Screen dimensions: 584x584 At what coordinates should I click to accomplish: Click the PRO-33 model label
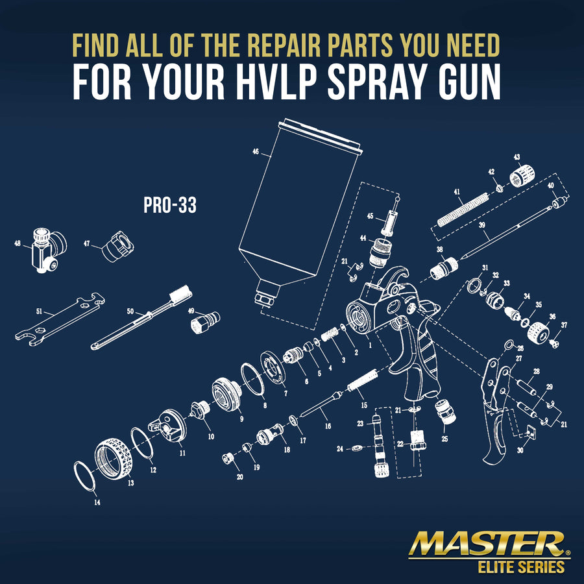click(170, 205)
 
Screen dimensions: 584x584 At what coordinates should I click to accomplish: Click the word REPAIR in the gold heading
click(284, 45)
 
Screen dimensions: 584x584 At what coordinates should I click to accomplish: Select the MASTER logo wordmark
click(488, 544)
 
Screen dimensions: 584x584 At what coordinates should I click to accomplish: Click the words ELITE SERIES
click(521, 567)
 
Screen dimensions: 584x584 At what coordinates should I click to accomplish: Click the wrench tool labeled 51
click(60, 319)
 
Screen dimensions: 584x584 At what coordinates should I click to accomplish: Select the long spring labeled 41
click(463, 210)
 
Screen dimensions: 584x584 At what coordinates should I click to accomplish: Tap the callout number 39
click(482, 225)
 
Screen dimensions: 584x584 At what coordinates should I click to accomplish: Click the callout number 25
click(444, 439)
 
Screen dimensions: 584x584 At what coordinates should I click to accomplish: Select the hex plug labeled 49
click(205, 322)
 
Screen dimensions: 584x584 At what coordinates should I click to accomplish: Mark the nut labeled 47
click(118, 246)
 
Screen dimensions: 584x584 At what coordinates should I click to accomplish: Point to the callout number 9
click(241, 419)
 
